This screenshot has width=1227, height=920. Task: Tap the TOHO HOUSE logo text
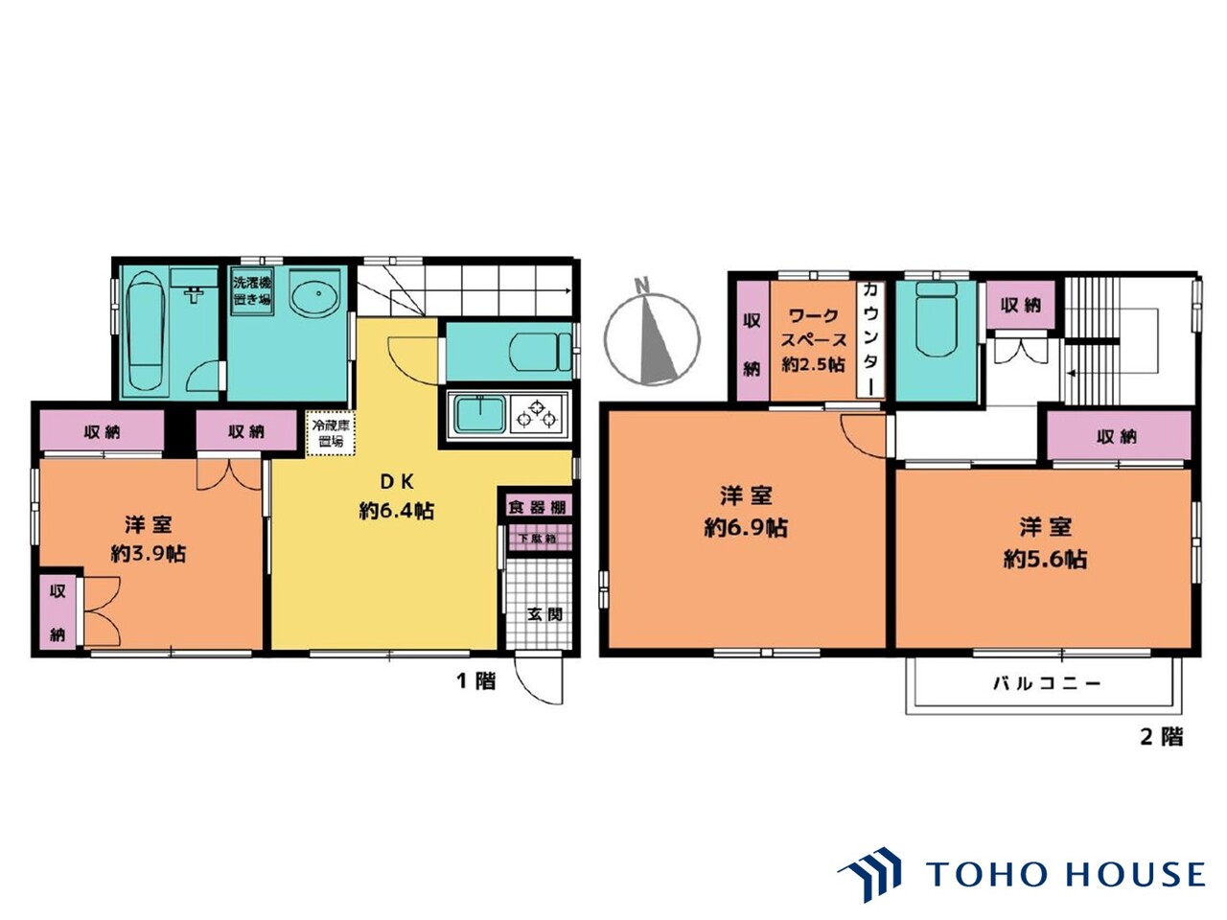click(x=1065, y=874)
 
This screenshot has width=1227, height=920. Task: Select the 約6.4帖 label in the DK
click(x=397, y=511)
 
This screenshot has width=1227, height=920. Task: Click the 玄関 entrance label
click(x=544, y=613)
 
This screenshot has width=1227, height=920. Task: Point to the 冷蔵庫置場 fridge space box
click(x=330, y=433)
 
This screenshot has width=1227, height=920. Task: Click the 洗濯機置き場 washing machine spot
click(x=251, y=291)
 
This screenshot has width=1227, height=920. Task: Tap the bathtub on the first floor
click(x=147, y=331)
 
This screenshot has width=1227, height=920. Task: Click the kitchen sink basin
click(x=480, y=415)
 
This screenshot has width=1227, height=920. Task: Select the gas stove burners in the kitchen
click(x=537, y=414)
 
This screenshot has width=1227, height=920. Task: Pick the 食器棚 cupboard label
click(x=537, y=507)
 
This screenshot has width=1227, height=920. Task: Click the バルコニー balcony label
click(x=1047, y=683)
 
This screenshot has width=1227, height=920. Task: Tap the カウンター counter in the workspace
click(x=870, y=338)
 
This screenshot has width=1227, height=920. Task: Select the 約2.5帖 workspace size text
click(x=813, y=364)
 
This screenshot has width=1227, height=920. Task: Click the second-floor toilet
click(x=937, y=319)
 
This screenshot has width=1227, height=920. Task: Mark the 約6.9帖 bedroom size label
click(x=746, y=527)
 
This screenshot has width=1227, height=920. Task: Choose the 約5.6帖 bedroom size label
click(x=1045, y=559)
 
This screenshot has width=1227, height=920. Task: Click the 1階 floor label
click(x=475, y=680)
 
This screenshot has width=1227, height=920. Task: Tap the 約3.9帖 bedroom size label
click(x=149, y=553)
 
